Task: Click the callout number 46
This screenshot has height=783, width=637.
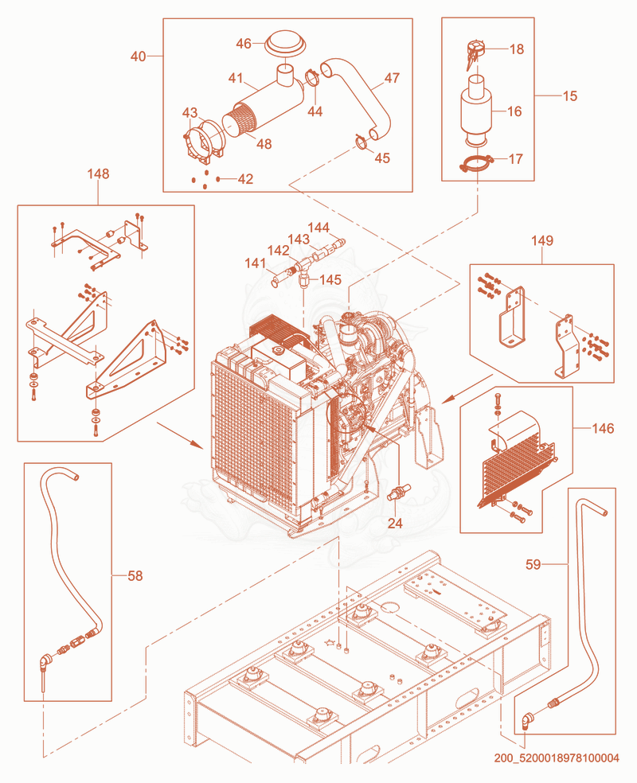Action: pyautogui.click(x=244, y=44)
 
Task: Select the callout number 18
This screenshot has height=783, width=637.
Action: pyautogui.click(x=517, y=49)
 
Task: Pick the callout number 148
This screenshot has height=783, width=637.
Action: pyautogui.click(x=98, y=173)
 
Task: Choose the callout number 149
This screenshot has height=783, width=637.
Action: pyautogui.click(x=542, y=240)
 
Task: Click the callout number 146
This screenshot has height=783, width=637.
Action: pyautogui.click(x=603, y=428)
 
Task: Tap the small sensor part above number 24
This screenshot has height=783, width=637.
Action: pyautogui.click(x=398, y=492)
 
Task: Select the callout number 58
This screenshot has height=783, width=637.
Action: pyautogui.click(x=135, y=576)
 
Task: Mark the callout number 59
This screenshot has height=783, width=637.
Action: pyautogui.click(x=533, y=564)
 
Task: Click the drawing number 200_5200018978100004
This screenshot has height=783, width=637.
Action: pyautogui.click(x=557, y=758)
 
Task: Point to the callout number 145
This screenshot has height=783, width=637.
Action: pyautogui.click(x=330, y=279)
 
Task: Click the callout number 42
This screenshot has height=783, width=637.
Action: pyautogui.click(x=245, y=179)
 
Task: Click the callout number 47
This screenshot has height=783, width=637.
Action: pyautogui.click(x=393, y=78)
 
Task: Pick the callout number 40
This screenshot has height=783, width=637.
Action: pyautogui.click(x=139, y=56)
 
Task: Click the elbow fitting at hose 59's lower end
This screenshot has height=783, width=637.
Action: pyautogui.click(x=526, y=722)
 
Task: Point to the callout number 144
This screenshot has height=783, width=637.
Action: pyautogui.click(x=318, y=228)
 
